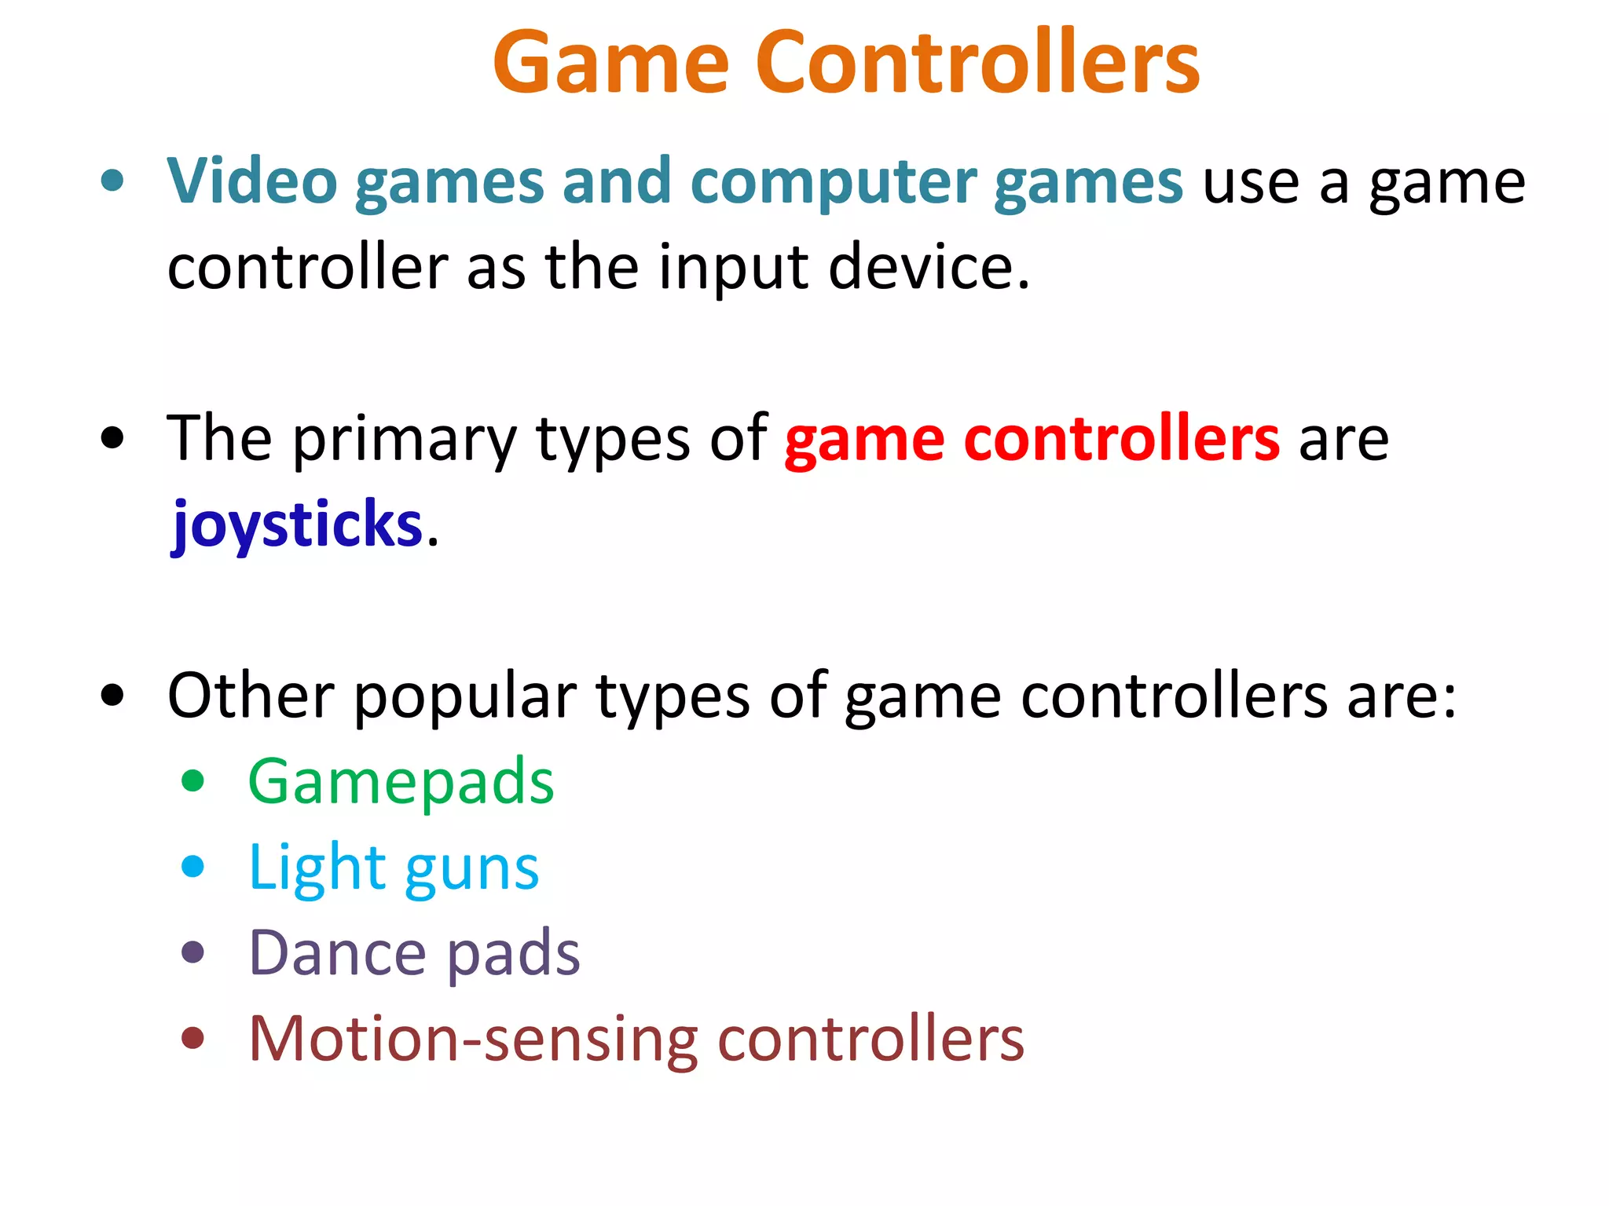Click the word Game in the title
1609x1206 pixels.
(x=611, y=63)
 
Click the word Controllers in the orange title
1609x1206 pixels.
(x=977, y=63)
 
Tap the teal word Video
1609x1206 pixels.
(x=251, y=181)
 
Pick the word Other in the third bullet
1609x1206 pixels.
(x=251, y=696)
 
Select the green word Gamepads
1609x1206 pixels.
(x=401, y=783)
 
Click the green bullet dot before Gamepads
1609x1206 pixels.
(x=192, y=781)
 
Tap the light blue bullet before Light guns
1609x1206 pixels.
(x=192, y=867)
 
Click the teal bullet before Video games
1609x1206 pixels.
(x=112, y=181)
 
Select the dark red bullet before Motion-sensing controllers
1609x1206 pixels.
(x=192, y=1038)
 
